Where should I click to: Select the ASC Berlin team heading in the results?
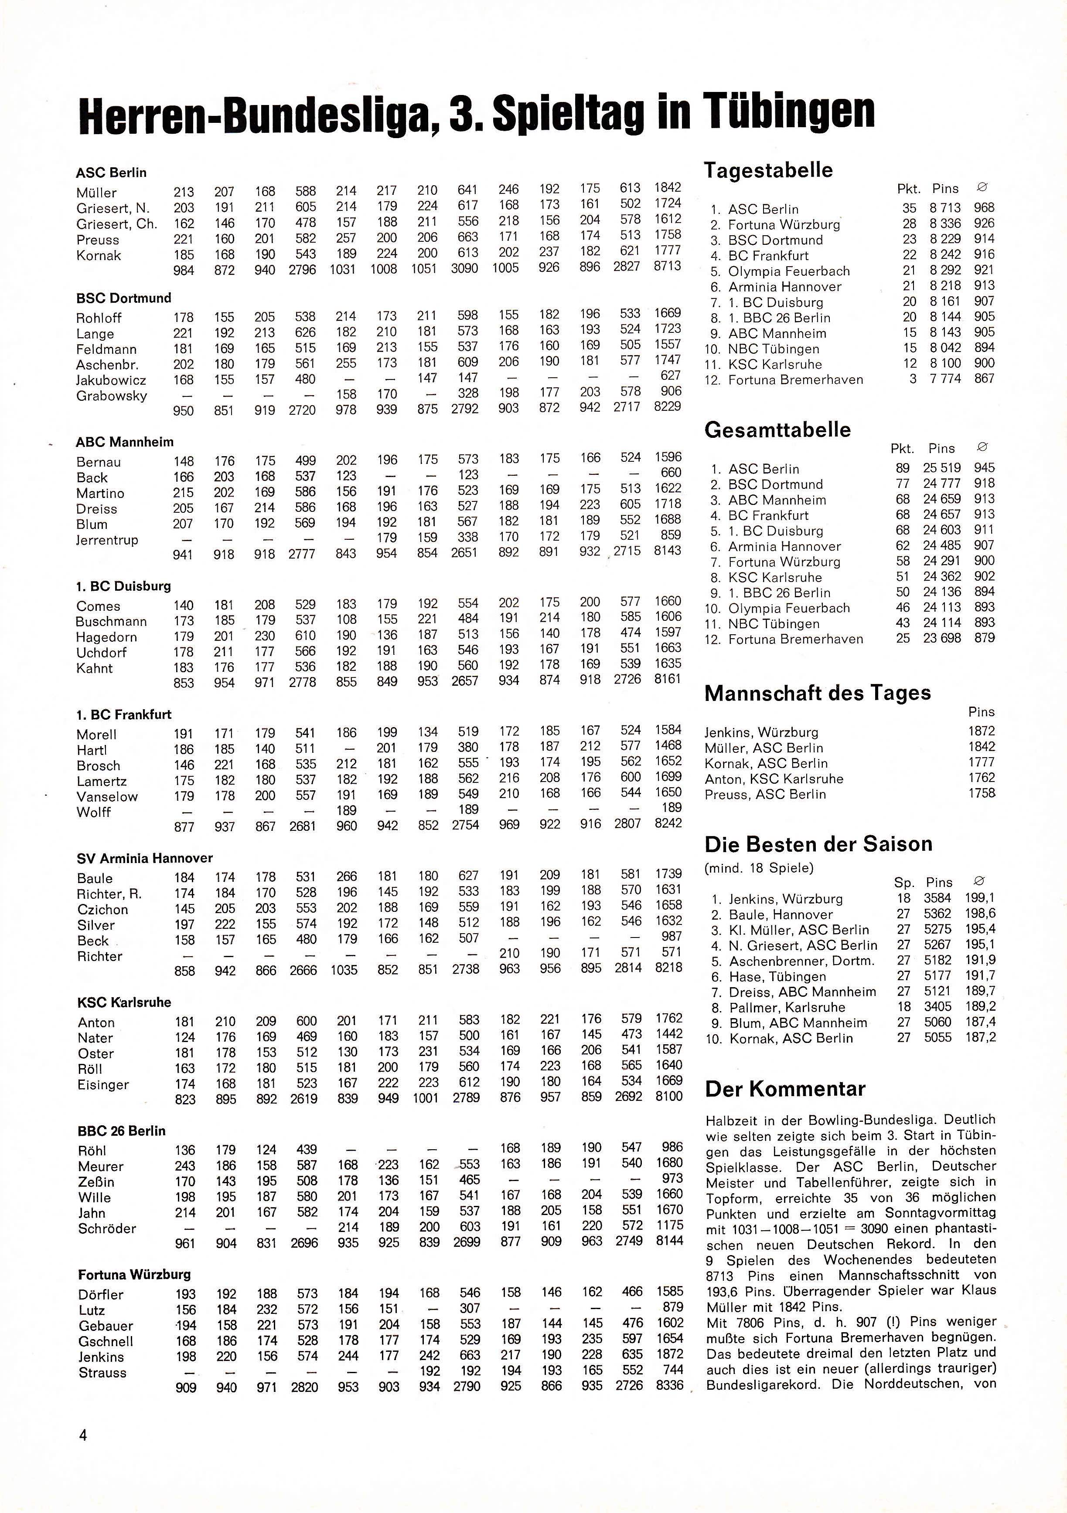coord(111,173)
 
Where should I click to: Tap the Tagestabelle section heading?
coord(768,170)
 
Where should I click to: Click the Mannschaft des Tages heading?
coord(818,693)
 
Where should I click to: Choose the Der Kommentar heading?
coord(785,1089)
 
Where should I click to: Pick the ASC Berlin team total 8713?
coord(668,266)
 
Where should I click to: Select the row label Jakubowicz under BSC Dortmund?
coord(111,380)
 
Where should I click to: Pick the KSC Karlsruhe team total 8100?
coord(669,1097)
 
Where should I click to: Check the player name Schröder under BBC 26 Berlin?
coord(107,1229)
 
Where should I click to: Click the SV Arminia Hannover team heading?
coord(144,858)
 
